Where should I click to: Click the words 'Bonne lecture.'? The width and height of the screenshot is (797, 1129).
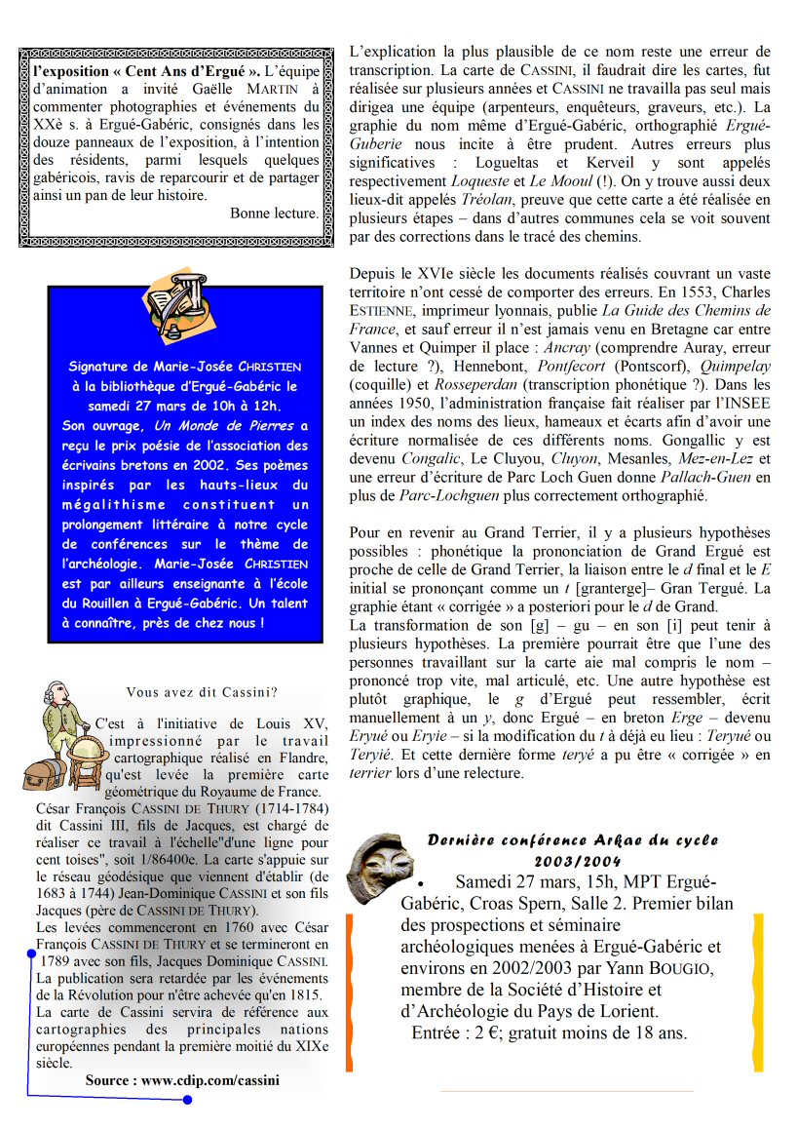click(x=274, y=214)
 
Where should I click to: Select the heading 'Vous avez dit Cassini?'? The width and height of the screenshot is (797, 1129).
click(x=202, y=692)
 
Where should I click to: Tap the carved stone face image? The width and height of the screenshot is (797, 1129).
click(x=372, y=869)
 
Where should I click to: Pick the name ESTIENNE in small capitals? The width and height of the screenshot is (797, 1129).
click(x=381, y=311)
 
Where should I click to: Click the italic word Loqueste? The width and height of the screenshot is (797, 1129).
click(x=478, y=181)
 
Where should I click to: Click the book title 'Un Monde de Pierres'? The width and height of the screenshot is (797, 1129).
click(x=238, y=425)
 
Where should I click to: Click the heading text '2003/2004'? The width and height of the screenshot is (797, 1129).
click(x=576, y=860)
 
